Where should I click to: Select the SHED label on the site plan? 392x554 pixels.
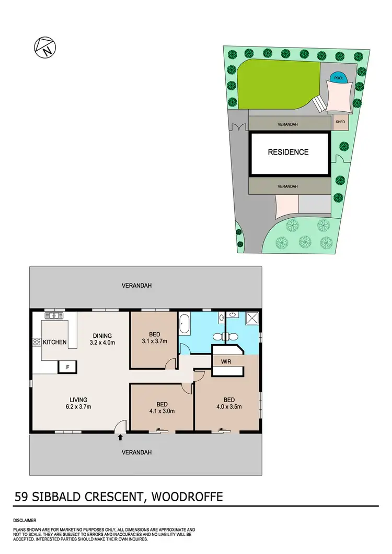[x=340, y=122]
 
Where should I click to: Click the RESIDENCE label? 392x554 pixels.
[x=288, y=152]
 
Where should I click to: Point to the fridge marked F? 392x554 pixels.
[x=67, y=367]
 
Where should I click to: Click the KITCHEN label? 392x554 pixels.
[x=55, y=342]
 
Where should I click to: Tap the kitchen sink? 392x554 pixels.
[x=54, y=315]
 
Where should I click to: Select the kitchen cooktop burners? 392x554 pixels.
[x=37, y=343]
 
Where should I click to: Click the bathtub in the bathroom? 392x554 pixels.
[x=183, y=324]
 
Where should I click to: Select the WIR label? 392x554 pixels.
[x=226, y=361]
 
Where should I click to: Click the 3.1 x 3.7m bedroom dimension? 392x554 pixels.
[x=155, y=341]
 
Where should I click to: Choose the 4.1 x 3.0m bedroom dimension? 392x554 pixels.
[x=162, y=411]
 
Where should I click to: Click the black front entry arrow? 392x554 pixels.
[x=121, y=437]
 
